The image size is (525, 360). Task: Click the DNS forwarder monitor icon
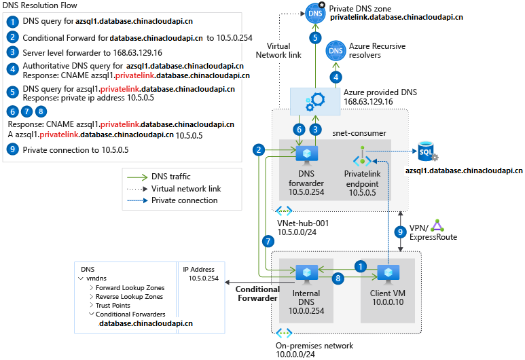point(306,154)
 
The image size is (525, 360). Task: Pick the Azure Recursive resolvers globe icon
point(336,51)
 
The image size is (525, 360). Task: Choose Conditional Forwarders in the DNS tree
point(130,314)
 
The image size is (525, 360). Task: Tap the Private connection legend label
point(184,200)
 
